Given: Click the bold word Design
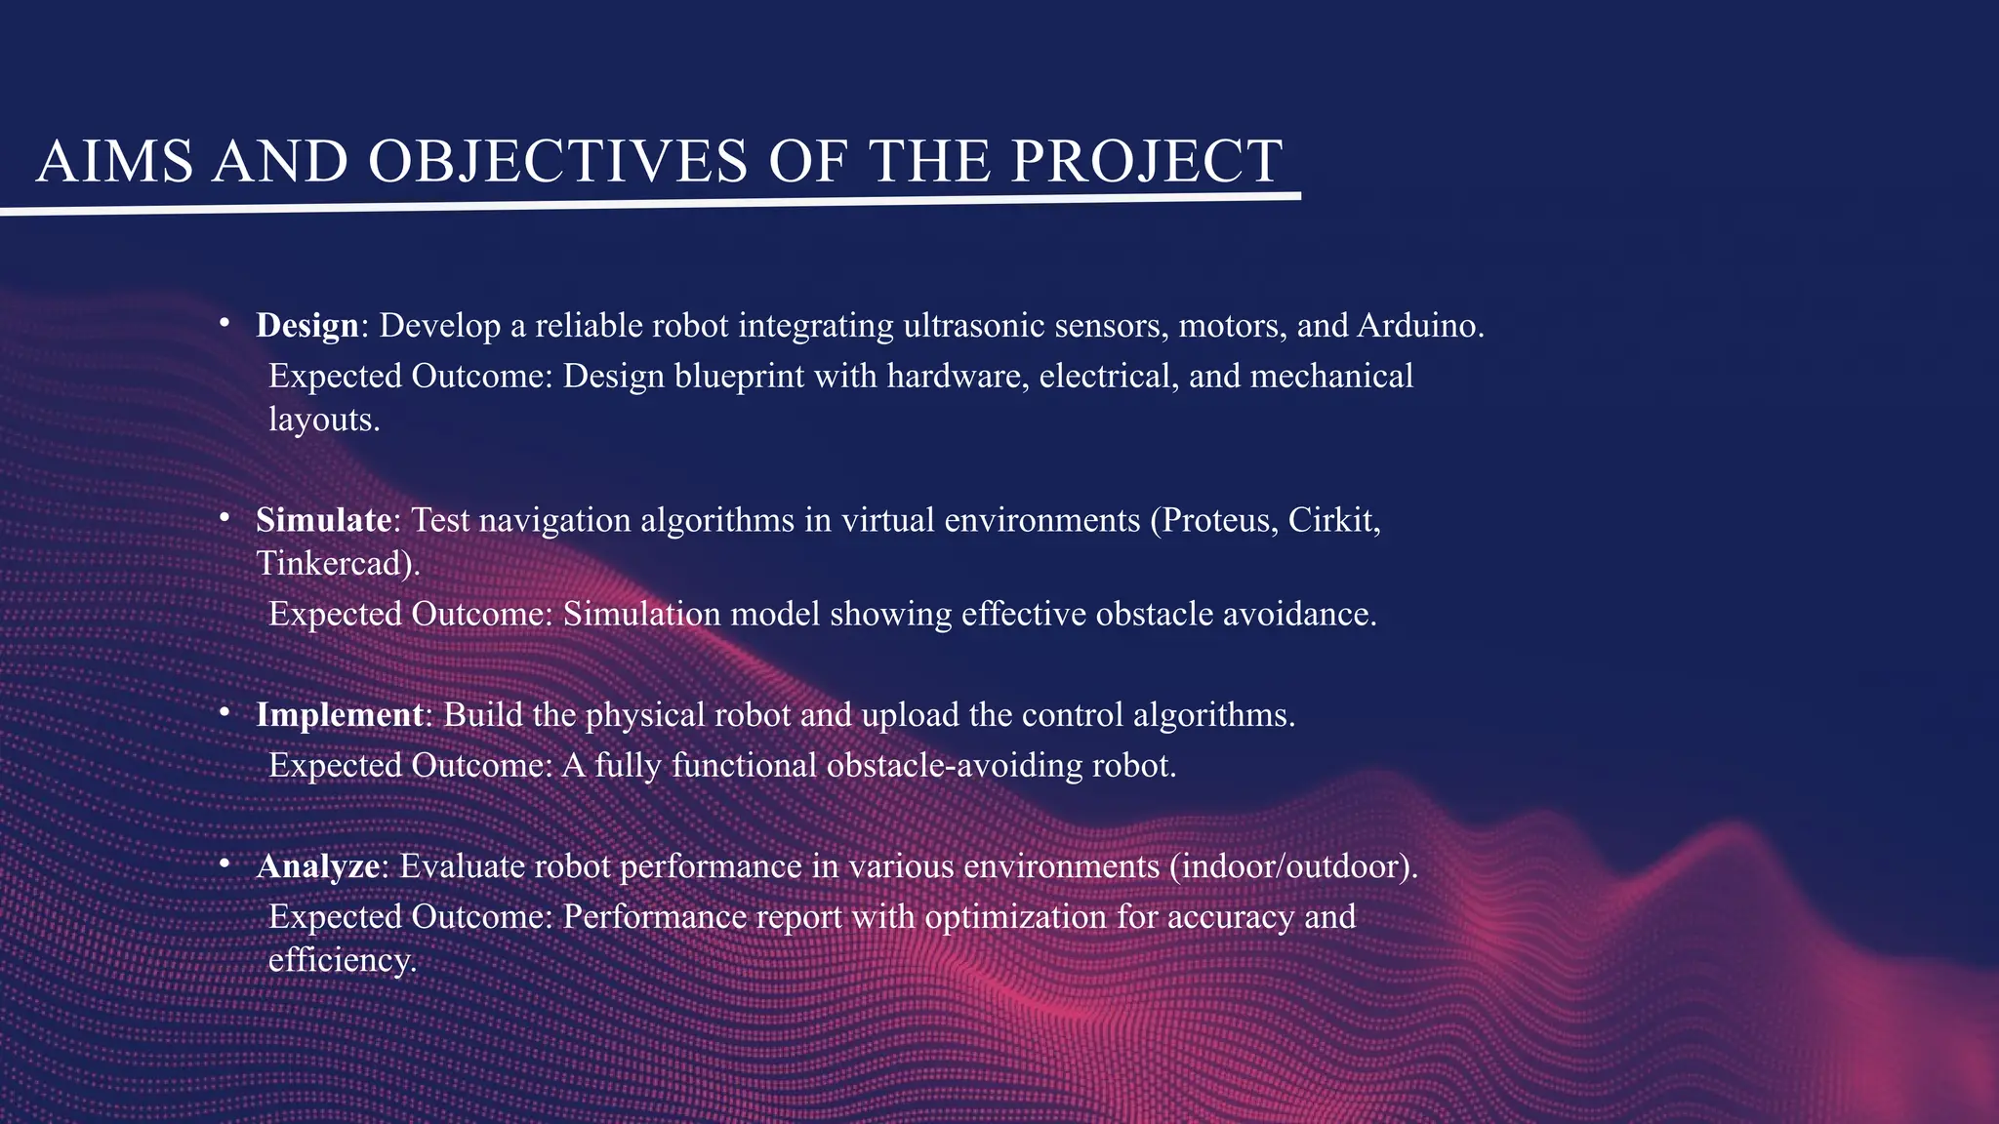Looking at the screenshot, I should click(307, 326).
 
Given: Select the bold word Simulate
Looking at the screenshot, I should click(323, 520).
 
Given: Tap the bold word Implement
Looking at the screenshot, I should click(339, 715).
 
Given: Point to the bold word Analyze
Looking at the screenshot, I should click(317, 866).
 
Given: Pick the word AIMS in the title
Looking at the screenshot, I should click(114, 161).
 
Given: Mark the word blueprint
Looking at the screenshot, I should click(739, 377).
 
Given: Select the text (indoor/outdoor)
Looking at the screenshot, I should click(1288, 866).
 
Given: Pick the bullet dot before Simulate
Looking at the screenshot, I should click(224, 516).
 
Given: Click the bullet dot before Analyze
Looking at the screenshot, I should click(224, 863).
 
